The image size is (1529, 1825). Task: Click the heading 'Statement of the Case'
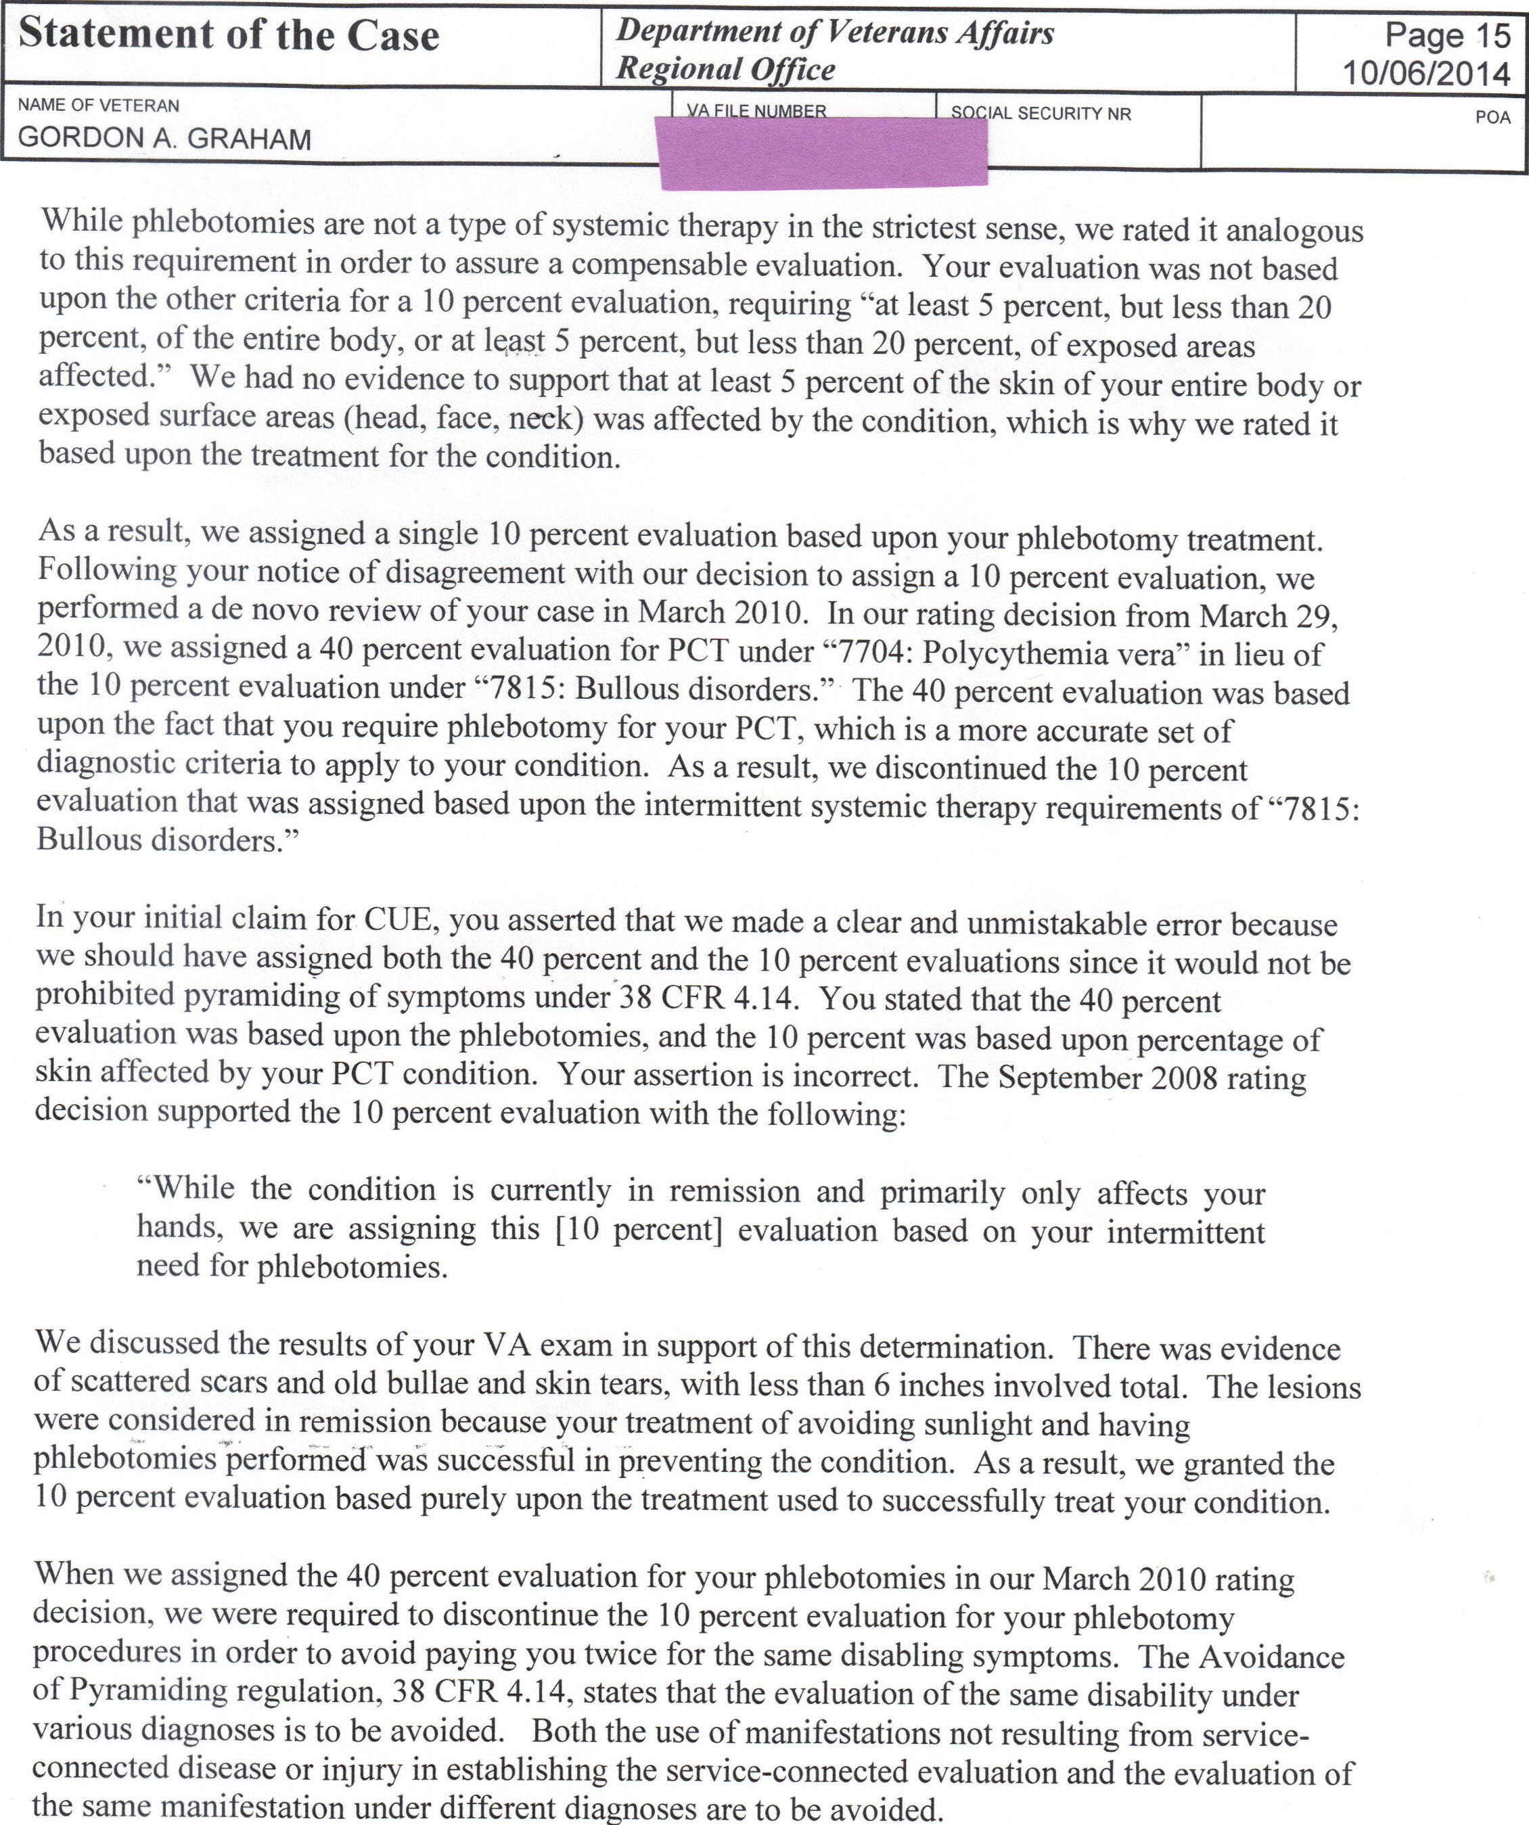tap(229, 37)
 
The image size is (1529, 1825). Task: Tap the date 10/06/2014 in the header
tap(1426, 73)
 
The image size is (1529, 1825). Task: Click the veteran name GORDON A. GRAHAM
tap(164, 139)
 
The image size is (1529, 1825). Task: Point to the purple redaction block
tap(823, 154)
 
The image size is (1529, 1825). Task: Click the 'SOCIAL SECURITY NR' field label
tap(1041, 114)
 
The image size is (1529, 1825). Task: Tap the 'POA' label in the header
tap(1492, 117)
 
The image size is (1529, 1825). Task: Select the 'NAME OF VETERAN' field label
tap(98, 106)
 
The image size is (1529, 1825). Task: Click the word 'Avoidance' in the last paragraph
tap(1271, 1657)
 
